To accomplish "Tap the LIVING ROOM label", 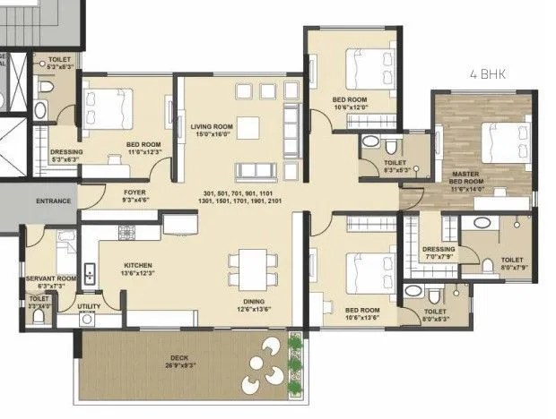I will (x=212, y=127).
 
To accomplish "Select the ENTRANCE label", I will (x=53, y=201).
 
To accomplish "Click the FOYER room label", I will (x=135, y=192).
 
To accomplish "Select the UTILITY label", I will (x=89, y=306).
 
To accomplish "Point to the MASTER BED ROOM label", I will (x=466, y=177).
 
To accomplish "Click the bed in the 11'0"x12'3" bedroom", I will (x=108, y=108).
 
